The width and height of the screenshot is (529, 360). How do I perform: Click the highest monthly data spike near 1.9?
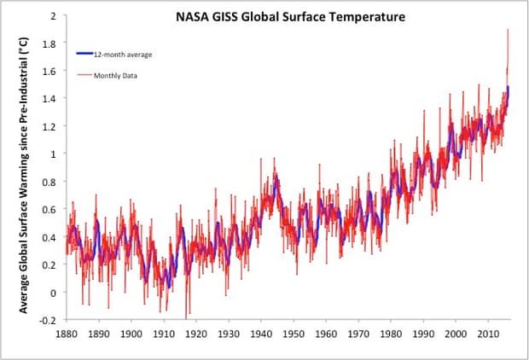click(509, 31)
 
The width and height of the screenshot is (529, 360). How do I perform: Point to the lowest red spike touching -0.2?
click(187, 317)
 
